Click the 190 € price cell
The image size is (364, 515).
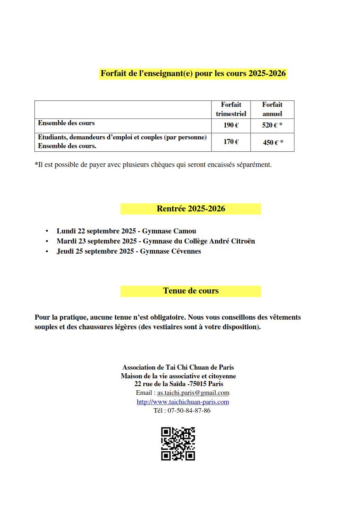[231, 125]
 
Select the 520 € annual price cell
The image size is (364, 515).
[272, 125]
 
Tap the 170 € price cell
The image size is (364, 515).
[231, 142]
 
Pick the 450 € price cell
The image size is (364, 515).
[273, 143]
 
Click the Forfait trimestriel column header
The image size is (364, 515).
[231, 109]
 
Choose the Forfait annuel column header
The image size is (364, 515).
[272, 109]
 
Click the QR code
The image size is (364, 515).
[178, 443]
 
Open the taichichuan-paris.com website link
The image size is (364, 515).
[183, 402]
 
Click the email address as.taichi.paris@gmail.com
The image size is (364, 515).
[193, 393]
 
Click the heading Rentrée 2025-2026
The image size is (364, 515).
[190, 209]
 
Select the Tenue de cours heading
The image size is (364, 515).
[190, 291]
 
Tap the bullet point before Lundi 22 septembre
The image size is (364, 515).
[47, 231]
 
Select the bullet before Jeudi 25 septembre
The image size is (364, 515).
[47, 251]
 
